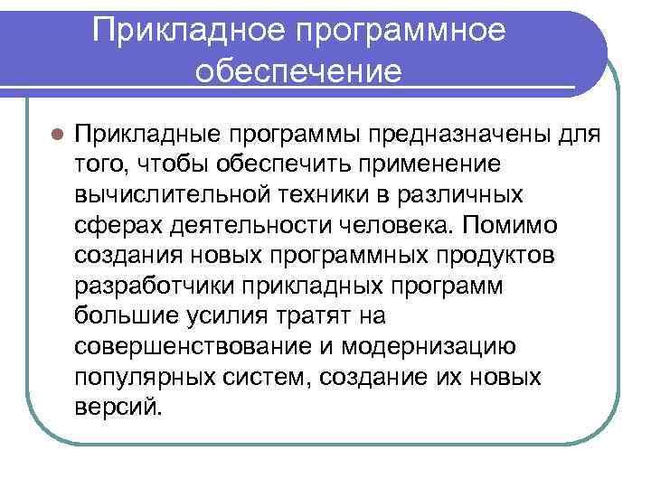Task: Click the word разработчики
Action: pos(151,284)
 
